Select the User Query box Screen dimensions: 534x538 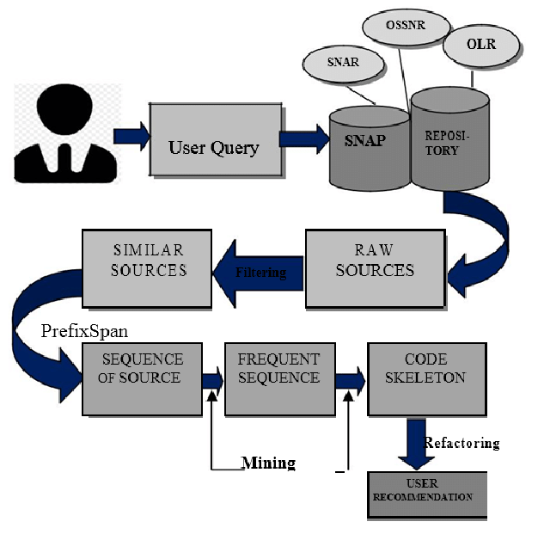[213, 146]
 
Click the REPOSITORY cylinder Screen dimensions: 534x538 [449, 138]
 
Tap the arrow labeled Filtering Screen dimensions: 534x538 [258, 272]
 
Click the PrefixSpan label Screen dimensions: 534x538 [84, 331]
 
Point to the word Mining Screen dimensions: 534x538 [268, 463]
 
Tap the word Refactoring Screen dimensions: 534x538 [462, 444]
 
